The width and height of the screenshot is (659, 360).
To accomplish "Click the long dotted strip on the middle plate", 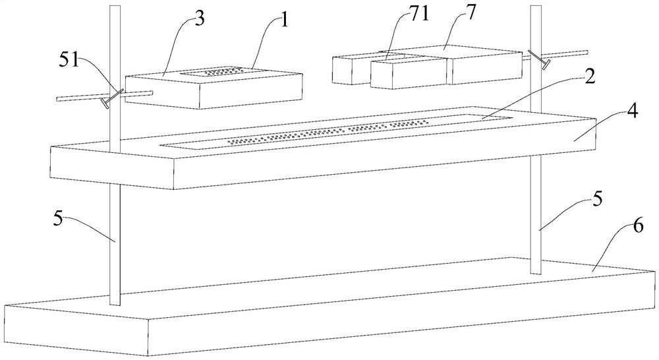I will (x=329, y=133).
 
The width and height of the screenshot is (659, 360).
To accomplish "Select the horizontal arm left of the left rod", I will (x=79, y=98).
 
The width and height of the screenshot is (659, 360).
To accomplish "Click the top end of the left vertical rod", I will (x=115, y=8).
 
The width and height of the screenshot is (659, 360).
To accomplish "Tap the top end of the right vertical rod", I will (x=536, y=8).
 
